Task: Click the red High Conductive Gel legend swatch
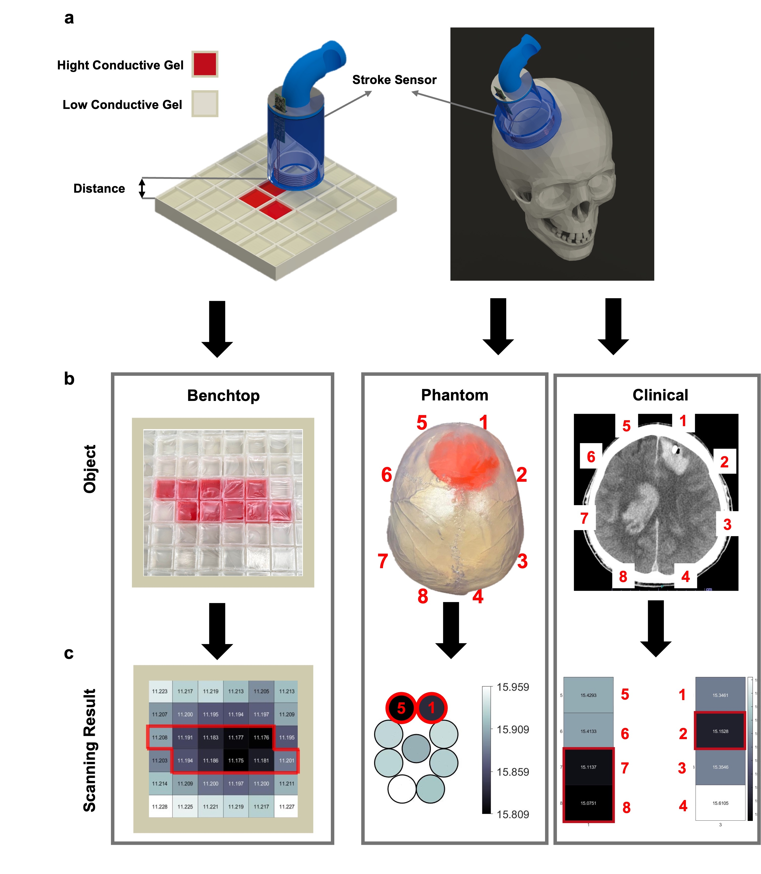205,64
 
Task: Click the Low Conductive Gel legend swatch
205,104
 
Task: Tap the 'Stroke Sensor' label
394,80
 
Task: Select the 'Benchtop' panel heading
223,395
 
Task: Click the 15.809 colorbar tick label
513,814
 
